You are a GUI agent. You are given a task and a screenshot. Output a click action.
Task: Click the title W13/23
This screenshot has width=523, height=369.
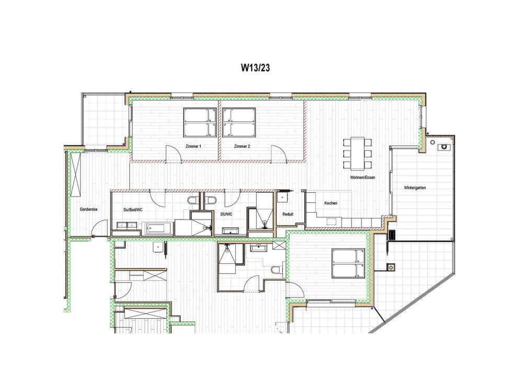click(x=255, y=67)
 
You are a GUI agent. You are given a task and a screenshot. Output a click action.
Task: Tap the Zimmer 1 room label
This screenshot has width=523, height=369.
click(x=193, y=146)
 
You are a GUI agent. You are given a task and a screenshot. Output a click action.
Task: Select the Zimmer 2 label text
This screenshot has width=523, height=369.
click(x=242, y=146)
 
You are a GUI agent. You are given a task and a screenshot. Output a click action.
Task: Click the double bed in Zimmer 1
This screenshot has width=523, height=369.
click(x=200, y=122)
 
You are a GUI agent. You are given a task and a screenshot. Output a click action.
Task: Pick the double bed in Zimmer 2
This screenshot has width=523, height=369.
click(x=239, y=122)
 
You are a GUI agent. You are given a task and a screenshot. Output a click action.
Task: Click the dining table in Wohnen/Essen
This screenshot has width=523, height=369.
click(x=358, y=152)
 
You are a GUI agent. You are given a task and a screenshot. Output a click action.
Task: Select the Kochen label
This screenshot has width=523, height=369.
click(x=331, y=203)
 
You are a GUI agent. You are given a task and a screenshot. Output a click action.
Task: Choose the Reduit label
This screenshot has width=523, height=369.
click(x=288, y=214)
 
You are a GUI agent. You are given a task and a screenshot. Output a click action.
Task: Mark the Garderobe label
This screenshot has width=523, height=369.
click(x=88, y=210)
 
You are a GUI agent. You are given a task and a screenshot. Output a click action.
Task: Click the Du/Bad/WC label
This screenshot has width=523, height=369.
click(x=133, y=210)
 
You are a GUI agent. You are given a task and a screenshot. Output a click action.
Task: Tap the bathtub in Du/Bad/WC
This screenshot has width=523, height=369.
click(x=158, y=227)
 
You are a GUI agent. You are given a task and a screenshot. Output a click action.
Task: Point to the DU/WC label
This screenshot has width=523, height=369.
click(x=226, y=214)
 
